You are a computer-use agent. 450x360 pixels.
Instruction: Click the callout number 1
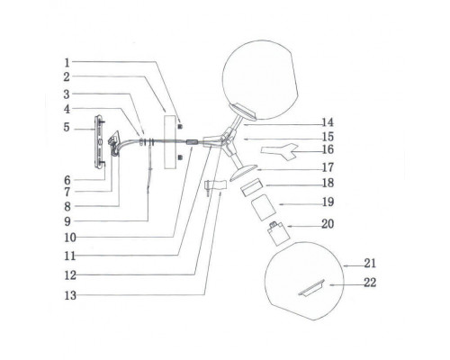coord(67,63)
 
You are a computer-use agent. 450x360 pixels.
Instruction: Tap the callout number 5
coord(67,128)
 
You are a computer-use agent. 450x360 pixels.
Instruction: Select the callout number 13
coord(70,295)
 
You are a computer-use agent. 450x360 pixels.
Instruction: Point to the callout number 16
coord(328,149)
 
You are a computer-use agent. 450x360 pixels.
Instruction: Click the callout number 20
coord(328,224)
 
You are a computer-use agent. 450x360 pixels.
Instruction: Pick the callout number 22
coord(370,283)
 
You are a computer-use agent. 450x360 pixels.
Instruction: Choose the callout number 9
coord(67,221)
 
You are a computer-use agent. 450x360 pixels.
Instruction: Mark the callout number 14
coord(328,122)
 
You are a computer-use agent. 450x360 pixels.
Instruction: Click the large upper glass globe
coord(260,80)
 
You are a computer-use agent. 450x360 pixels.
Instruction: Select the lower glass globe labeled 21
coord(304,281)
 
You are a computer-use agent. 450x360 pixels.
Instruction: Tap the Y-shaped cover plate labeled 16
coord(279,151)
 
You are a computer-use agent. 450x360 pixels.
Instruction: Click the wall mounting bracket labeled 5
coord(100,142)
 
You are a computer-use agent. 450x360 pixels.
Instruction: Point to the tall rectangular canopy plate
coord(170,141)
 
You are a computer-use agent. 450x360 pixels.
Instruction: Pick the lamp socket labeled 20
coord(278,233)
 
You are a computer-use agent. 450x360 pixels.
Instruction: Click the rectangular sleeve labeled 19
coord(263,208)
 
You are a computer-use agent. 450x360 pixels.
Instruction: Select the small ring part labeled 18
coord(251,187)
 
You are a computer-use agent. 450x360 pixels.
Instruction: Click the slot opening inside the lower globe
coord(311,288)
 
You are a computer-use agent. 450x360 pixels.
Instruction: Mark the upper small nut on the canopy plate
coord(180,126)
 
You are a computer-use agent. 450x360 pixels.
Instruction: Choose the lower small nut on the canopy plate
coord(180,157)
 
